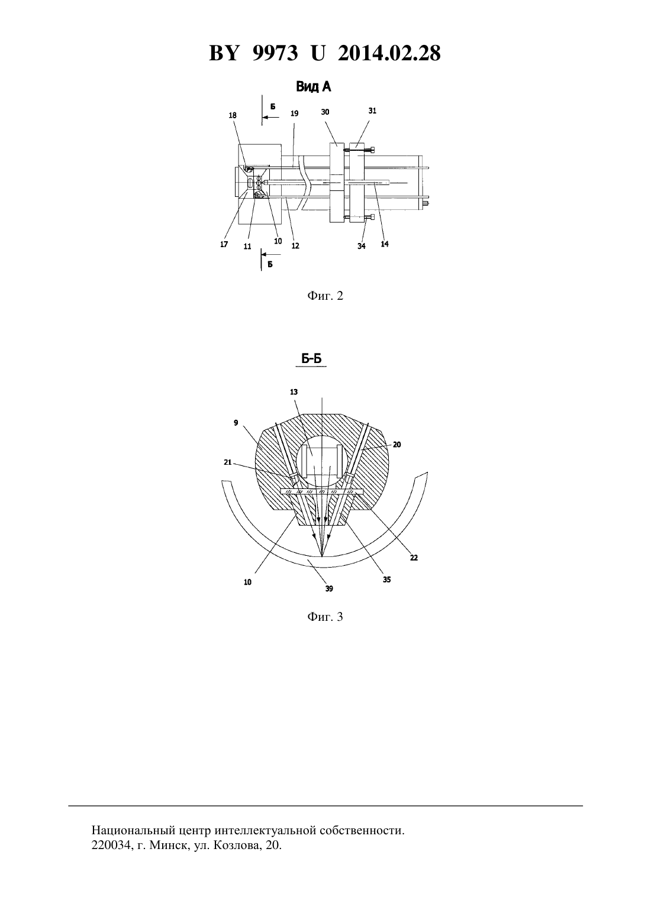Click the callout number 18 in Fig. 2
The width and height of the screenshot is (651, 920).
click(x=233, y=115)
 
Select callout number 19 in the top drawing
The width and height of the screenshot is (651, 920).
click(x=294, y=114)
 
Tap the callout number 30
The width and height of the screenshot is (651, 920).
click(x=325, y=112)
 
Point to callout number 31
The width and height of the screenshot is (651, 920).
click(x=372, y=111)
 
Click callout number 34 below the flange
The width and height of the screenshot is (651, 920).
click(x=361, y=246)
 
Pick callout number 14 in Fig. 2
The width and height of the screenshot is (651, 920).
click(x=385, y=244)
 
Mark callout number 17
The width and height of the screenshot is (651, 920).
click(x=224, y=244)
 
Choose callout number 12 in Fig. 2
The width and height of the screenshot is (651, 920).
click(x=295, y=246)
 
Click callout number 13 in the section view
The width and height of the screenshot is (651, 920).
click(x=294, y=392)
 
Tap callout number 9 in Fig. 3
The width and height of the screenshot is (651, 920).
click(x=236, y=423)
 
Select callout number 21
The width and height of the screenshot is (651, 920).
click(x=228, y=462)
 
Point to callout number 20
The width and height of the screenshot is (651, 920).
click(x=397, y=445)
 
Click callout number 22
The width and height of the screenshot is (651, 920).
click(x=414, y=558)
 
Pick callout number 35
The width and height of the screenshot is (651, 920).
click(x=386, y=580)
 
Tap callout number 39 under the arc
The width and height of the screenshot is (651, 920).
click(x=329, y=588)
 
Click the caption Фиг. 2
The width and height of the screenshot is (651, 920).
click(x=325, y=296)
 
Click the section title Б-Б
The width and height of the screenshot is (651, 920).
click(x=311, y=359)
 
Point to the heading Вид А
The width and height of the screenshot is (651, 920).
click(x=314, y=87)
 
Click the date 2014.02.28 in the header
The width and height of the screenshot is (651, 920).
click(x=389, y=53)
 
